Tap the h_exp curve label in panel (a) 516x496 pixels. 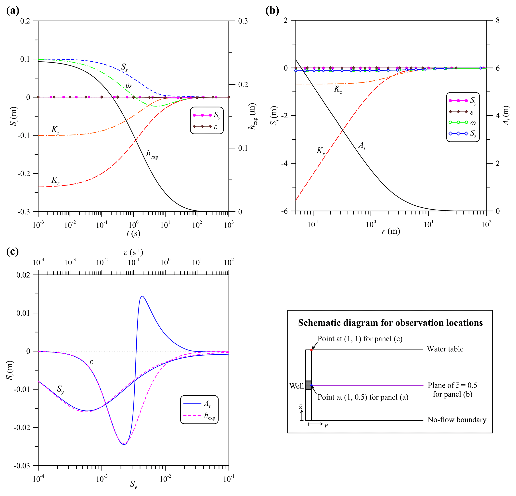(x=152, y=154)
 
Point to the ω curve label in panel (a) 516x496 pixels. (x=128, y=85)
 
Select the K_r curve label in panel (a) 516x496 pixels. (x=55, y=180)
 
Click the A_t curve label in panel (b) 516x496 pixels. (x=362, y=146)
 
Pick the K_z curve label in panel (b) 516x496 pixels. (x=338, y=89)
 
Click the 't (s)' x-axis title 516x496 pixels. (x=133, y=233)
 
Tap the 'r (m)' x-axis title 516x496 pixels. (x=391, y=231)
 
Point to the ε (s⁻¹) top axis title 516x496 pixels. (x=133, y=252)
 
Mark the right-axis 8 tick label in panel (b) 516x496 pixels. (x=497, y=21)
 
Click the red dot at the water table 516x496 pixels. (x=311, y=350)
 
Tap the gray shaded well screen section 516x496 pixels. (x=308, y=385)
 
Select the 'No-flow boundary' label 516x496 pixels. (x=457, y=420)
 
